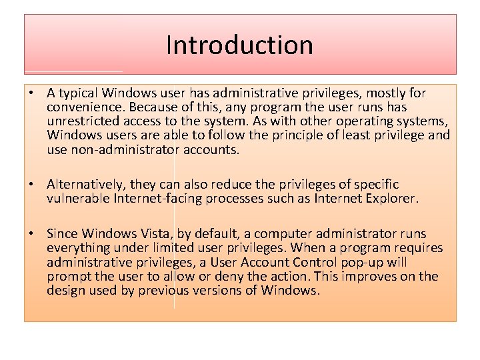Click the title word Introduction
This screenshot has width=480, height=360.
pyautogui.click(x=239, y=45)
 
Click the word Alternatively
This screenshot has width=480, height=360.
pyautogui.click(x=86, y=184)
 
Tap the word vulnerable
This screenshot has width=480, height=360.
pyautogui.click(x=78, y=198)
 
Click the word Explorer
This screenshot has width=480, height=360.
pyautogui.click(x=391, y=198)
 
